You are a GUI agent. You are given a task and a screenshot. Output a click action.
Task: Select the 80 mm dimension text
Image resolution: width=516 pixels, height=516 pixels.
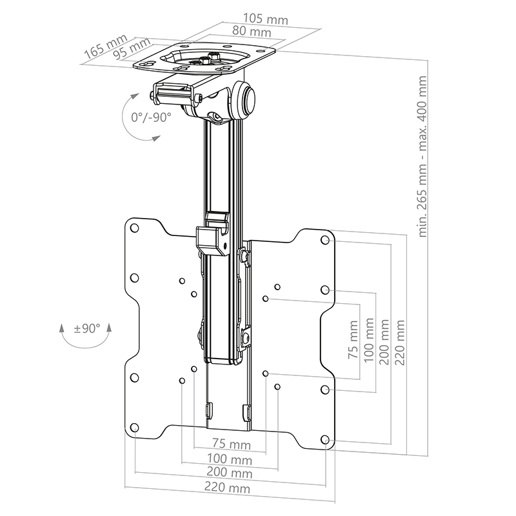(x=233, y=31)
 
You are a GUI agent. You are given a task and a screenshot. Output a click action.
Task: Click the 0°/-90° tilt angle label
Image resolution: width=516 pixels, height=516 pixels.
(x=150, y=118)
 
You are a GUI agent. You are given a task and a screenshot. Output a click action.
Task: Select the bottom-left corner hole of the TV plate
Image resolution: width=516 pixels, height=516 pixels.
(x=134, y=428)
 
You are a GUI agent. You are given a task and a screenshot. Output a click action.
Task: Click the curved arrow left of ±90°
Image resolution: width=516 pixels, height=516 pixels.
(x=62, y=335)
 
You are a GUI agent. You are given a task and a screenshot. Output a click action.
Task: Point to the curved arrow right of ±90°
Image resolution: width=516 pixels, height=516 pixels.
(x=109, y=335)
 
